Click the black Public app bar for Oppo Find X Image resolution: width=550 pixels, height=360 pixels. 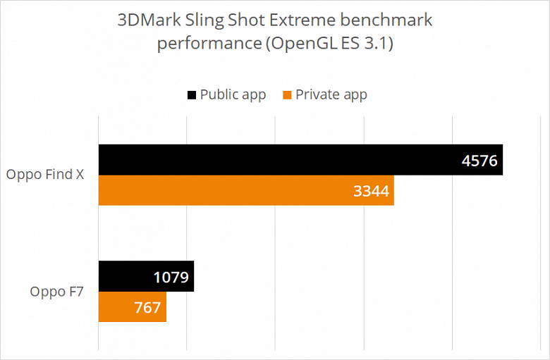click(x=282, y=160)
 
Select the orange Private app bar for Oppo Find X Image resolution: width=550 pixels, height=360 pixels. click(x=233, y=191)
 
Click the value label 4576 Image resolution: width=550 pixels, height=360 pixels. click(x=479, y=161)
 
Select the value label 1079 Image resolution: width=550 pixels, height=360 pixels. click(x=171, y=277)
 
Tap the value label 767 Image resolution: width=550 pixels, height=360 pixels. click(x=146, y=307)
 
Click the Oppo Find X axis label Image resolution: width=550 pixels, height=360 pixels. click(x=45, y=175)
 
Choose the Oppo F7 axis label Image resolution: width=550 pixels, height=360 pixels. click(x=57, y=291)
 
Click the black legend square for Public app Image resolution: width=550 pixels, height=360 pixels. click(x=191, y=94)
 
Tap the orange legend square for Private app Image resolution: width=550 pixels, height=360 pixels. click(x=286, y=94)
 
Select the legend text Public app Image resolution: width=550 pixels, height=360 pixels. click(x=233, y=94)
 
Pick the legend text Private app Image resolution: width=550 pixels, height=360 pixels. click(x=331, y=94)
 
